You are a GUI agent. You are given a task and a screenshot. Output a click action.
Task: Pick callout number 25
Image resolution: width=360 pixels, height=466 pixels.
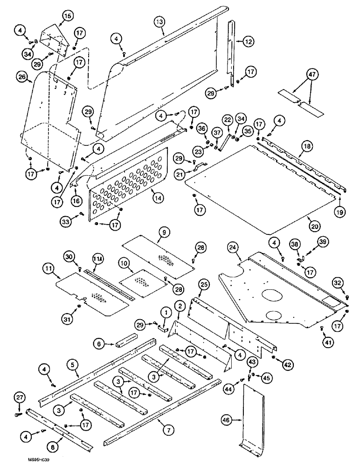[198, 294]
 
